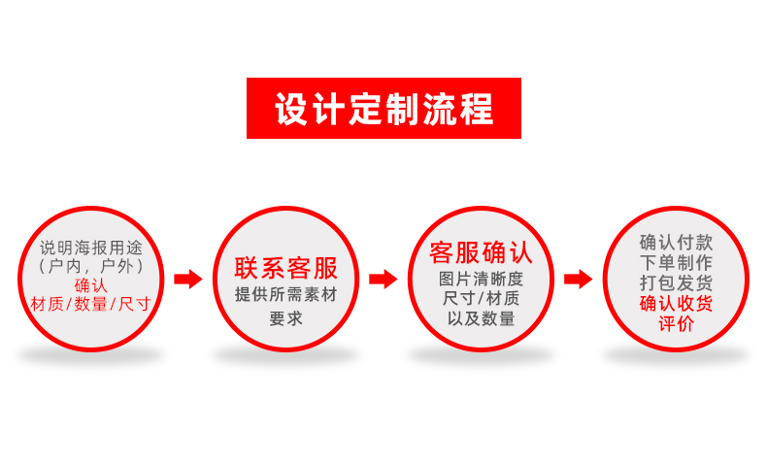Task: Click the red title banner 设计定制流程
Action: pyautogui.click(x=383, y=109)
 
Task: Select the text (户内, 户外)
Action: pyautogui.click(x=90, y=265)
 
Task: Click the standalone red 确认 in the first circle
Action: pyautogui.click(x=90, y=284)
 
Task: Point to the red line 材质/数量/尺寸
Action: pyautogui.click(x=90, y=304)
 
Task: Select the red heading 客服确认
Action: pyautogui.click(x=482, y=253)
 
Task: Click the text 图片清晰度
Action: pyautogui.click(x=482, y=279)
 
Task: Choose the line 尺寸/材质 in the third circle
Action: pyautogui.click(x=482, y=298)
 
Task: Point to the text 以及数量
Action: pyautogui.click(x=482, y=318)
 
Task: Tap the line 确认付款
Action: pyautogui.click(x=676, y=243)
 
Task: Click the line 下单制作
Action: pyautogui.click(x=676, y=263)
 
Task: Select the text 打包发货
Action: pyautogui.click(x=676, y=283)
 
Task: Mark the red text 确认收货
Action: pyautogui.click(x=676, y=304)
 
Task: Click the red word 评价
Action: pyautogui.click(x=676, y=324)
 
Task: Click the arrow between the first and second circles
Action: pyautogui.click(x=188, y=280)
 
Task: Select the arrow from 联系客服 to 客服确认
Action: pyautogui.click(x=383, y=280)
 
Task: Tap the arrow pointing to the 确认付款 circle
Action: pyautogui.click(x=579, y=280)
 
